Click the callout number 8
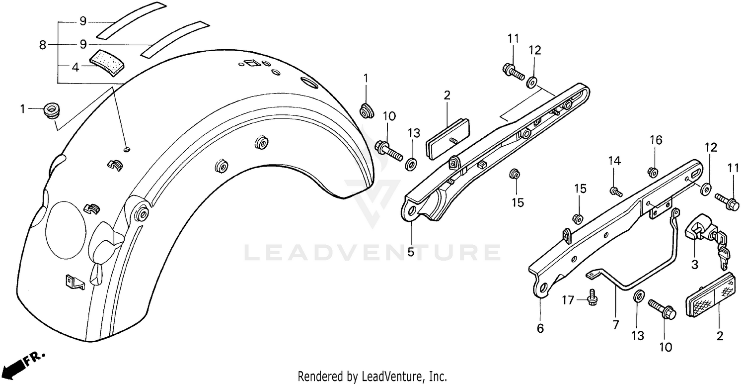click(43, 45)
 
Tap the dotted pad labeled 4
click(107, 62)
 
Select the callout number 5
click(410, 252)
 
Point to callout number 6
click(540, 328)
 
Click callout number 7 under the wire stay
click(616, 325)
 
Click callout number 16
click(656, 141)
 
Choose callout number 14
click(615, 161)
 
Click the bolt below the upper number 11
click(513, 72)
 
